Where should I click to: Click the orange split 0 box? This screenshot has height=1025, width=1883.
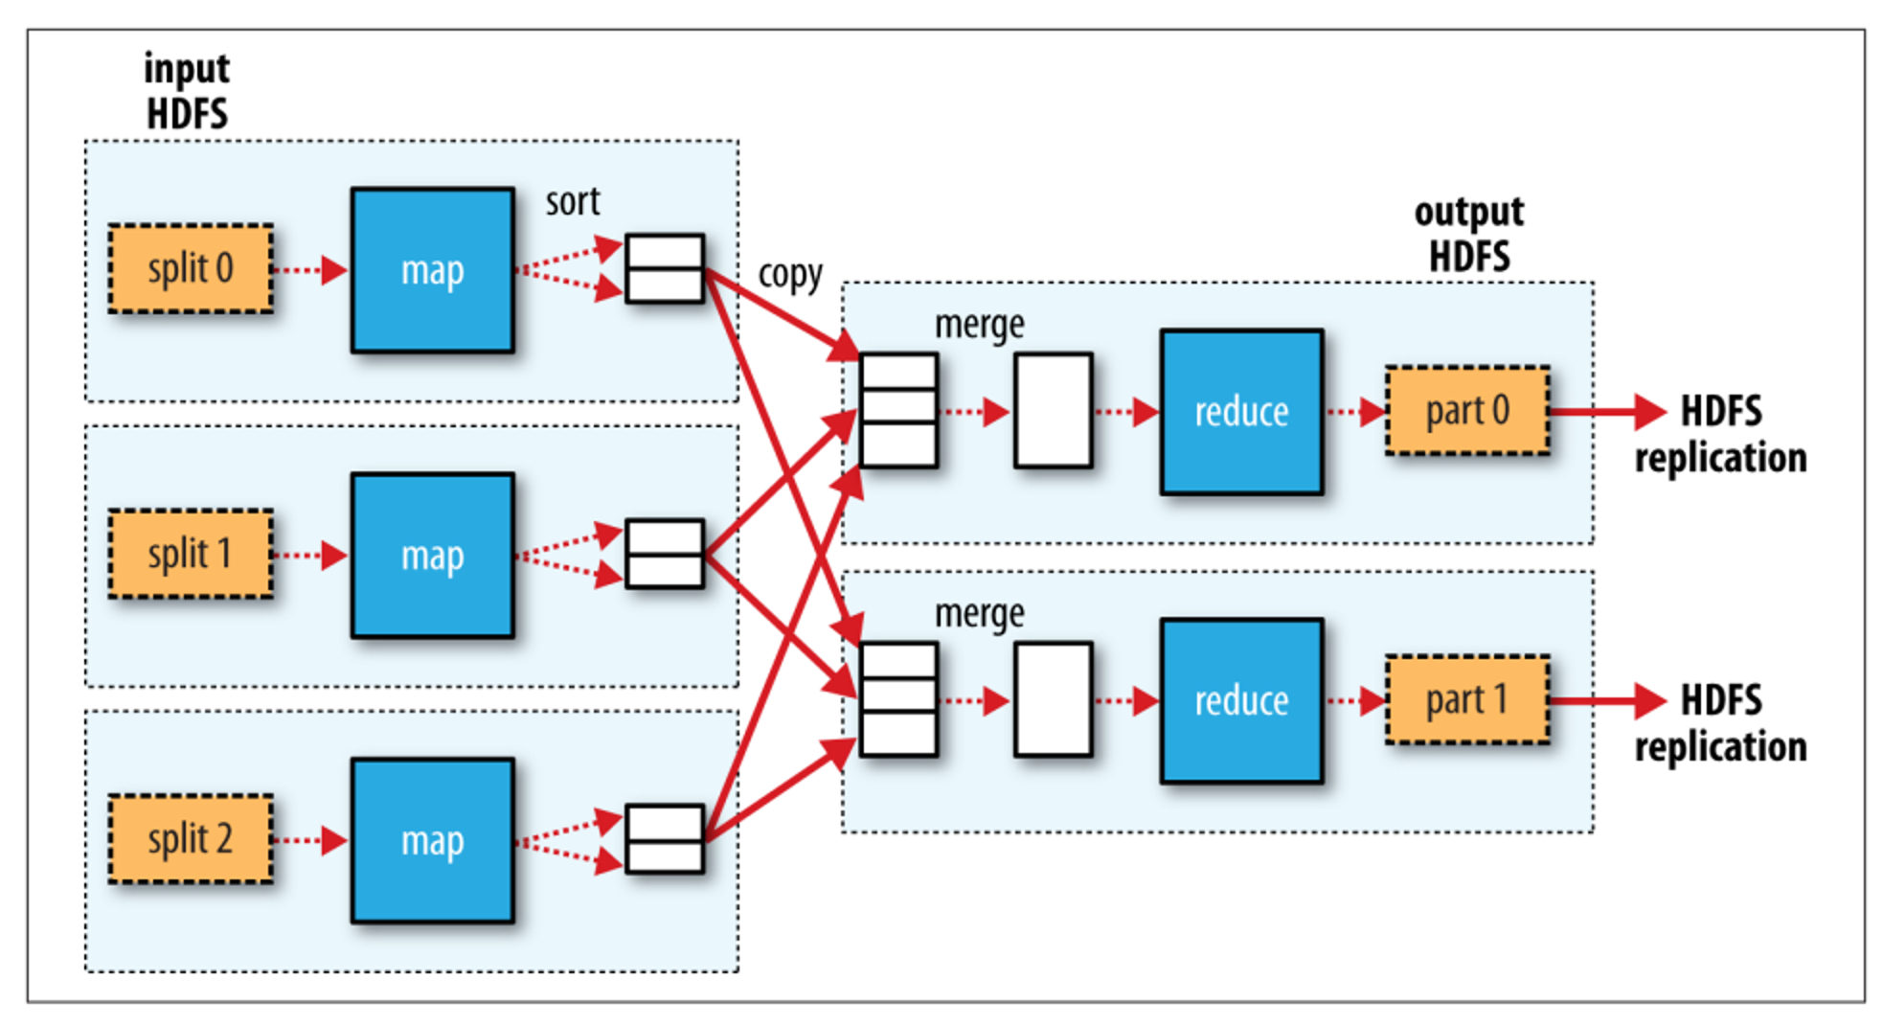[191, 269]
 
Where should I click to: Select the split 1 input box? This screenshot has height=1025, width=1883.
[191, 554]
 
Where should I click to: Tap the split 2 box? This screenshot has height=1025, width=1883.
[191, 839]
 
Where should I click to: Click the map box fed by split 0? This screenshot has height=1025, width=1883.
[433, 270]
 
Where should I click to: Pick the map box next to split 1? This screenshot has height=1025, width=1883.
[433, 556]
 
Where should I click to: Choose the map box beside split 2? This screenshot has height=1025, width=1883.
[433, 841]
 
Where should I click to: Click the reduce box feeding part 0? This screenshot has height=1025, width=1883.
[1241, 412]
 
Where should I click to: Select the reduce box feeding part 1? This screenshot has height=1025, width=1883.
[1241, 701]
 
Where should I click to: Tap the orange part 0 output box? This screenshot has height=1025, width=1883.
[1467, 411]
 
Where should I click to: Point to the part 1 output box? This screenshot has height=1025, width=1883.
[1467, 700]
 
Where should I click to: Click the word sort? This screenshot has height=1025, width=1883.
[573, 202]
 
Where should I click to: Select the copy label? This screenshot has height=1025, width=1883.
[790, 275]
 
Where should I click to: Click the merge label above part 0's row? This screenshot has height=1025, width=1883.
[979, 325]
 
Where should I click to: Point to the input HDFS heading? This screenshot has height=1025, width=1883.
[187, 91]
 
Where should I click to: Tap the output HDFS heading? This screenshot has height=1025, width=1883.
[1469, 235]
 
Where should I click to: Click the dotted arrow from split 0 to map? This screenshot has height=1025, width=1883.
[309, 270]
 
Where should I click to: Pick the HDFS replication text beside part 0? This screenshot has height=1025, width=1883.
[1721, 435]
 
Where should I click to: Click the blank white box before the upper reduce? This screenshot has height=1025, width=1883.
[1054, 411]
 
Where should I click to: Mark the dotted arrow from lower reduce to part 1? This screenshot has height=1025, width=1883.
[1356, 700]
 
